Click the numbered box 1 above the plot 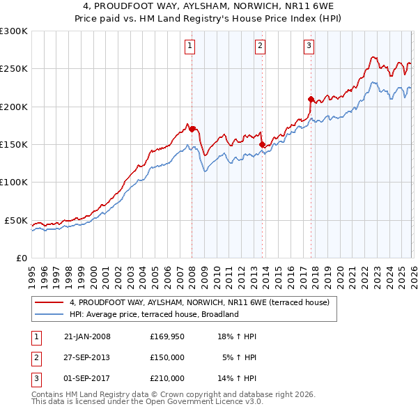[190, 47]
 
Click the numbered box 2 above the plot [260, 47]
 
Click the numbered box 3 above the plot [308, 47]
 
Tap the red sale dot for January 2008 [192, 129]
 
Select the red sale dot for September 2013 [262, 144]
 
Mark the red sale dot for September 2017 [311, 99]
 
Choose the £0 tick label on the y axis [21, 258]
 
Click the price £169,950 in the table [167, 336]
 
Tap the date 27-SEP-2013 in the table [87, 357]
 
